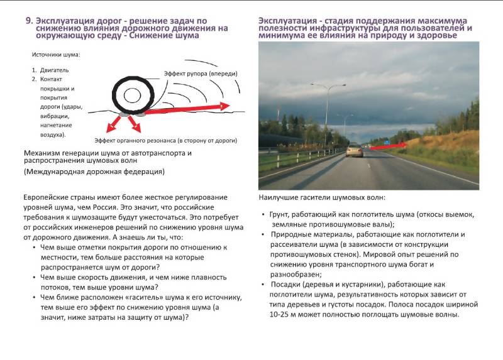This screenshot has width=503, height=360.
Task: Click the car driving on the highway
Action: click(355, 150)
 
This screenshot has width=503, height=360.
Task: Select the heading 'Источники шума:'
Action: click(51, 55)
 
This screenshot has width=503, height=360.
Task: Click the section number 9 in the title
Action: click(28, 20)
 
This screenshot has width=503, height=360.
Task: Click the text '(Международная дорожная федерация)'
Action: click(94, 171)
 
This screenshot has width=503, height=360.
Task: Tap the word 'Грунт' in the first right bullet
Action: click(281, 215)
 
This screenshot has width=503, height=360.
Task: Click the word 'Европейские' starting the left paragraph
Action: click(50, 197)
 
